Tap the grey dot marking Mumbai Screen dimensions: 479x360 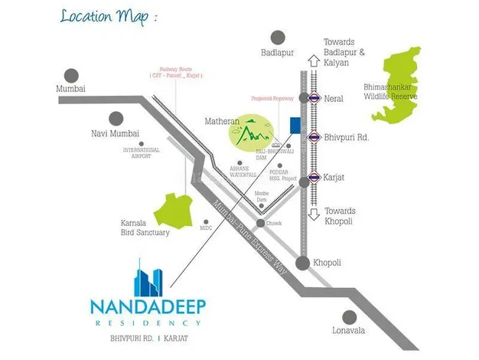70,76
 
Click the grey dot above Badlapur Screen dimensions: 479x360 279,38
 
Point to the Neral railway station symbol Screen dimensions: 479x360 312,98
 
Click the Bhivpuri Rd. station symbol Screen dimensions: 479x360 312,136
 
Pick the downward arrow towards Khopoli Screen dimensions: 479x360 312,217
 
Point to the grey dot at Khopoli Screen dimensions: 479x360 303,263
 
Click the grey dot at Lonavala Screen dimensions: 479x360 350,316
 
